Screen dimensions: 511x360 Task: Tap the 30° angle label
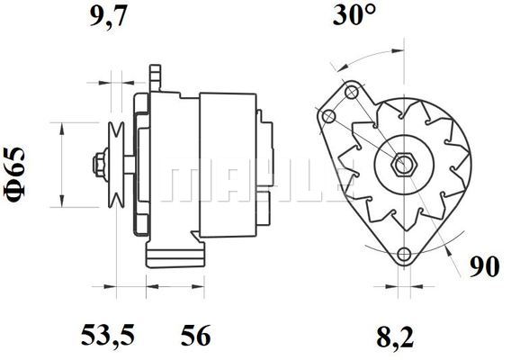point(354,14)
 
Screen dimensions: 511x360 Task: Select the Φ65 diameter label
point(14,175)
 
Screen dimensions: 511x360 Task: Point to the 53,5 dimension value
point(108,335)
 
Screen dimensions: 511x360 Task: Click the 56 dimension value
point(196,335)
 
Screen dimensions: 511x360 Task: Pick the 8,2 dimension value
point(395,337)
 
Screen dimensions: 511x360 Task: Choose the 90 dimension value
point(484,266)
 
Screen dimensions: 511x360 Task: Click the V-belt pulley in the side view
point(116,165)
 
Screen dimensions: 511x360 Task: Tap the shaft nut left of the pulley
point(101,165)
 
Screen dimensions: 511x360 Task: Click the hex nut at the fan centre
point(404,165)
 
